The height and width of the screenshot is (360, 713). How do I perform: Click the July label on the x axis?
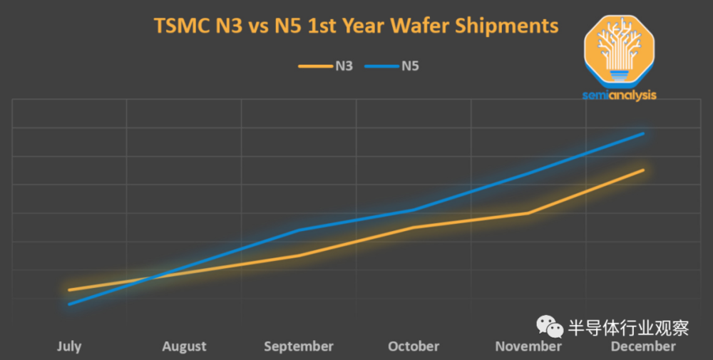[69, 346]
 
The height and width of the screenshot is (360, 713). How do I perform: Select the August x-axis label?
[184, 346]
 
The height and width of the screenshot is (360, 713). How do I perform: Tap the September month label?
[299, 346]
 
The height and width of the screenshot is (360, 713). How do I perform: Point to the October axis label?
[414, 346]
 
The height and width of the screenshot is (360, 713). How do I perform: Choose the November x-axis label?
[528, 346]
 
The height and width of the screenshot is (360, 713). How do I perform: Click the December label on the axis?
[643, 346]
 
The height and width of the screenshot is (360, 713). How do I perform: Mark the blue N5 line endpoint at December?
[643, 133]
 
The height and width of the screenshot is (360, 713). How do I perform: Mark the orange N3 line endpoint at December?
[643, 170]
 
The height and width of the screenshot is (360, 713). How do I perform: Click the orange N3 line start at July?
[69, 290]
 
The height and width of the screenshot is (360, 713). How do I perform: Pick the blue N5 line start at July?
[69, 304]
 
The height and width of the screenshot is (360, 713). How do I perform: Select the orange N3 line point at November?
[528, 213]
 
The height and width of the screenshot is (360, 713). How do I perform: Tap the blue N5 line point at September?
[299, 230]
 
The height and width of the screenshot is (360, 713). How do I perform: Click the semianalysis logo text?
[618, 96]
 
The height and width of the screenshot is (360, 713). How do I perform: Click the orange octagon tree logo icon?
[618, 50]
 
